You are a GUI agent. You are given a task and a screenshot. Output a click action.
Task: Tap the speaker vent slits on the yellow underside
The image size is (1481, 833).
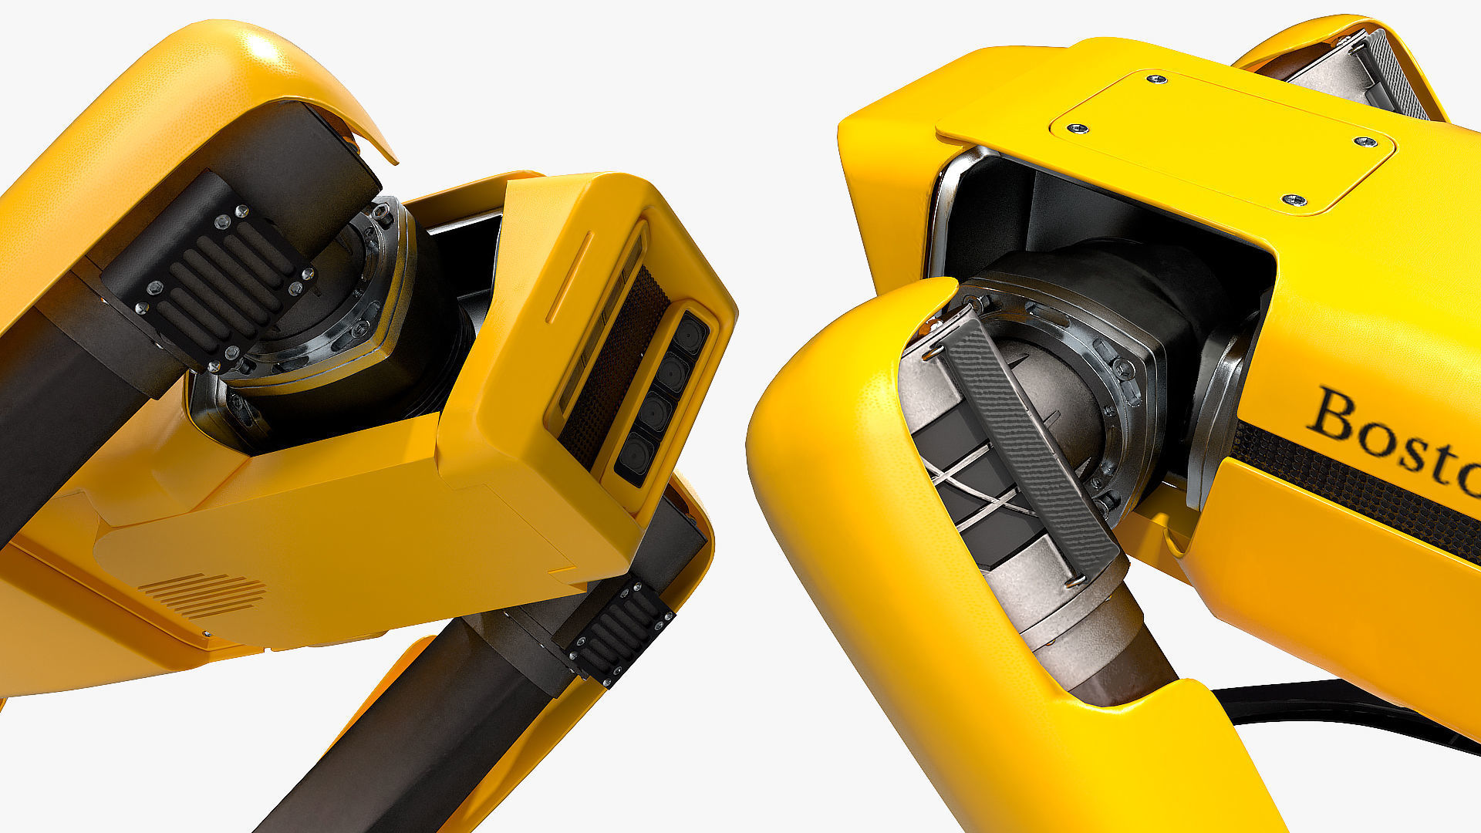203,595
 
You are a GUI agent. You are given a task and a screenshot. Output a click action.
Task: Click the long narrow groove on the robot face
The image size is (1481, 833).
569,278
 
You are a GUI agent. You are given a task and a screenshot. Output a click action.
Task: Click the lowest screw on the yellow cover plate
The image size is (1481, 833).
1293,201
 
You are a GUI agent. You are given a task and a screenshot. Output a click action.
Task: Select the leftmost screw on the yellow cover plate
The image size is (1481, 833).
1077,128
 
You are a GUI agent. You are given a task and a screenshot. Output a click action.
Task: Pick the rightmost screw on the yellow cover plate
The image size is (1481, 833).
1365,142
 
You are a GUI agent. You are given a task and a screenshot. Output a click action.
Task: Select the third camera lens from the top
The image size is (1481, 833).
653,414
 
